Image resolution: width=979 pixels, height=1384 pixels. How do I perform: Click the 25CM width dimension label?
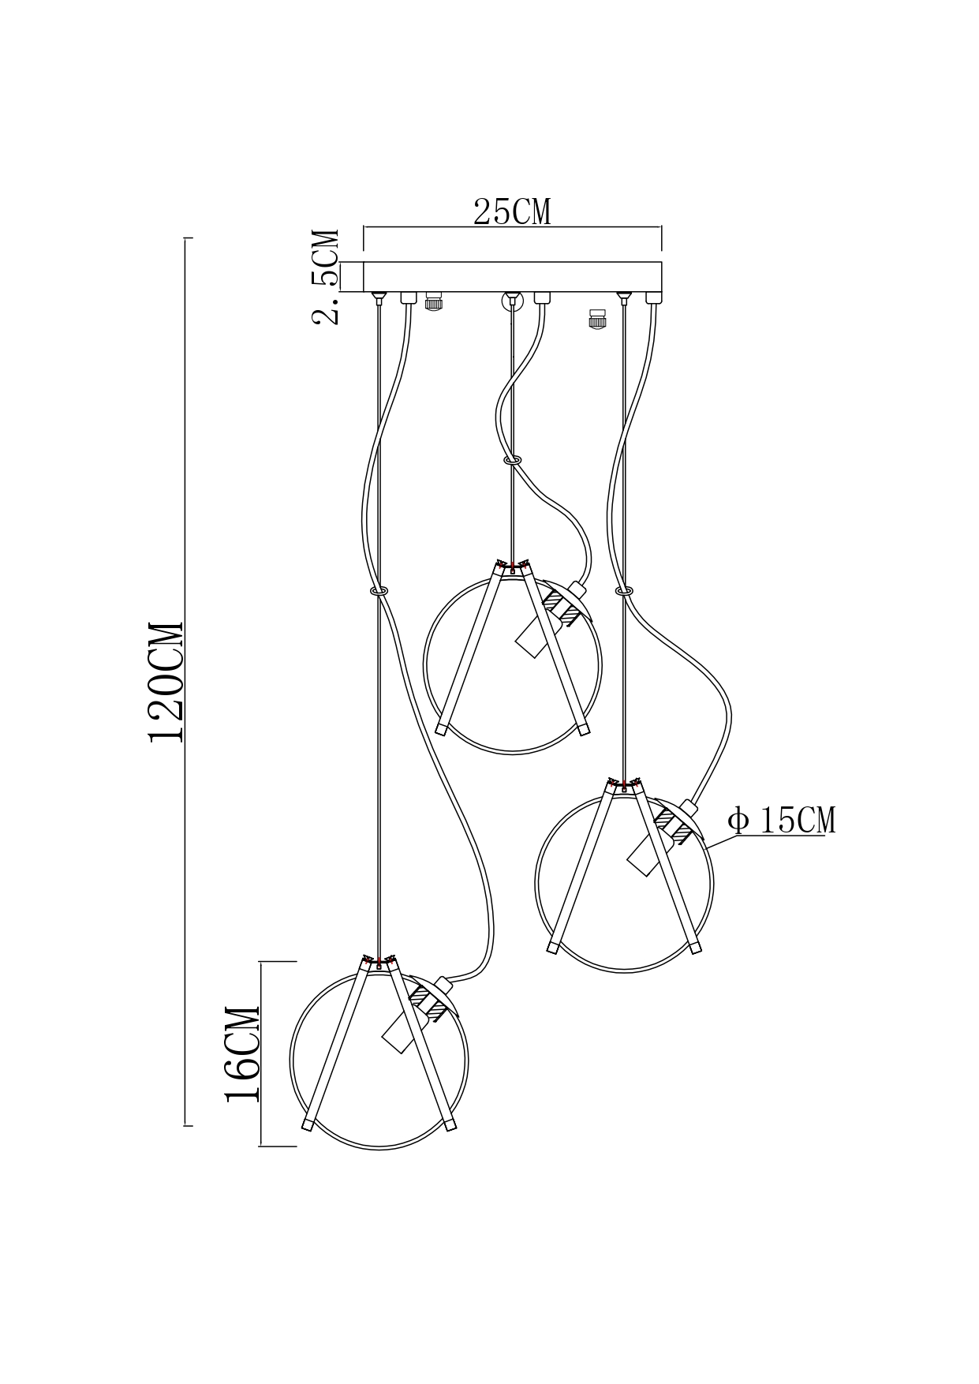tap(512, 211)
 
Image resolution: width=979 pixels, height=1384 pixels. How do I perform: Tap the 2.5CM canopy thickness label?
tap(325, 277)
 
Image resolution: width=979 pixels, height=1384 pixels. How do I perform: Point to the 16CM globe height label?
tap(243, 1054)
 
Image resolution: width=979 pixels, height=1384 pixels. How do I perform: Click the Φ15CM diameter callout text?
tap(782, 821)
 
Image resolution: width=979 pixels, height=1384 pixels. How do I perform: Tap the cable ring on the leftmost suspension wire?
tap(379, 590)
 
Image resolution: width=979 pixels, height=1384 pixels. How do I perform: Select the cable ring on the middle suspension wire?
tap(512, 458)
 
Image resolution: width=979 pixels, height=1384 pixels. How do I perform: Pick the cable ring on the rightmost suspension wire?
tap(625, 590)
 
